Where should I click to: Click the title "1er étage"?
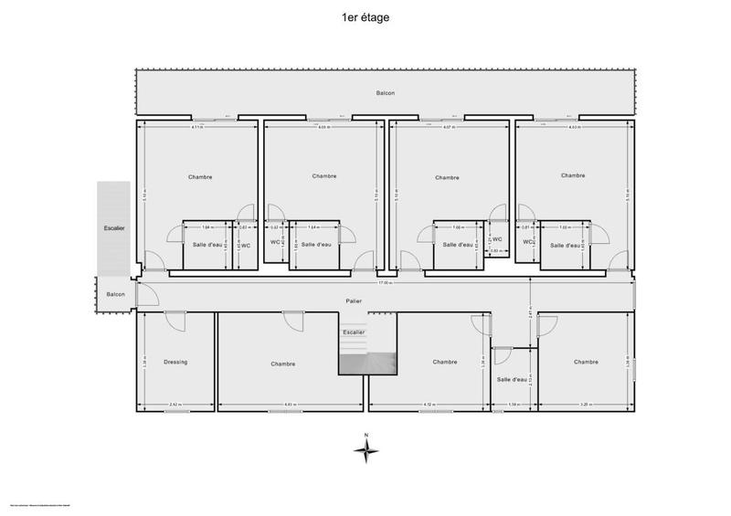[x=365, y=16]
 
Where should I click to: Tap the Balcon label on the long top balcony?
[x=385, y=93]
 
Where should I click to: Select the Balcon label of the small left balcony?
[x=115, y=293]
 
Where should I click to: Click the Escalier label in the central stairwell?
[x=353, y=332]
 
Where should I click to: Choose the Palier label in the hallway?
[x=354, y=300]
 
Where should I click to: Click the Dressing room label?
[x=175, y=363]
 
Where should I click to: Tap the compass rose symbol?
[x=365, y=448]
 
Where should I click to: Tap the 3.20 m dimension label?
[x=585, y=405]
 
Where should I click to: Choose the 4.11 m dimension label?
[x=197, y=128]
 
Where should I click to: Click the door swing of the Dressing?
[x=175, y=321]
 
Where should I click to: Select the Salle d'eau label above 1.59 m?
[x=513, y=379]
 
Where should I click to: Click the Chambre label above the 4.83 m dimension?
[x=283, y=363]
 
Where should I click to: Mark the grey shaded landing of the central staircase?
[x=367, y=363]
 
